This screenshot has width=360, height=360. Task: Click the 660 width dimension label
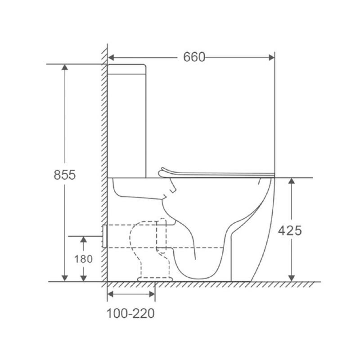point(194,57)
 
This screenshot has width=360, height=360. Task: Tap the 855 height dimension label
point(64,175)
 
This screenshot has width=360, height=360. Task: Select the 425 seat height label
point(290,230)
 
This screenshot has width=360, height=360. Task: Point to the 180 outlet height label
point(83,259)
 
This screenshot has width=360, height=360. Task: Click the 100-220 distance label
point(130,313)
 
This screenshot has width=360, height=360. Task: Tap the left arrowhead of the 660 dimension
point(111,58)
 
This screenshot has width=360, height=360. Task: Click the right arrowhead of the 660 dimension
point(272,58)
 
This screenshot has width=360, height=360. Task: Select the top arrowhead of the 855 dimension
point(65,67)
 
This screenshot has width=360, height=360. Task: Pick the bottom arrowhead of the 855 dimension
point(65,278)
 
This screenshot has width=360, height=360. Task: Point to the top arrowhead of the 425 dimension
point(291,181)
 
